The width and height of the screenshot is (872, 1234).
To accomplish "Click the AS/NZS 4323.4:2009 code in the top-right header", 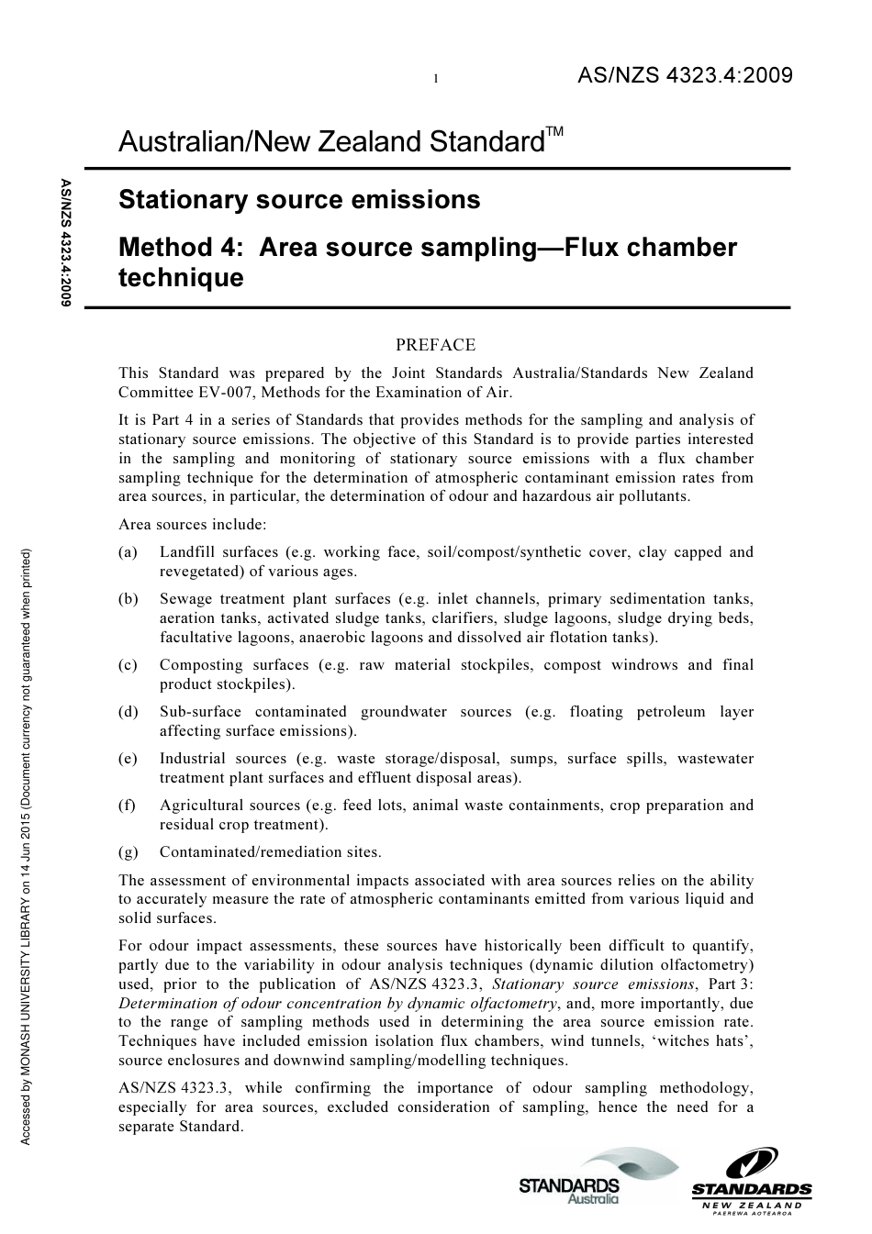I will point(684,76).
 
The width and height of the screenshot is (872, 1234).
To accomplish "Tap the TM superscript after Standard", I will point(554,133).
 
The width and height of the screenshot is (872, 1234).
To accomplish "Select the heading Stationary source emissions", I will point(299,200).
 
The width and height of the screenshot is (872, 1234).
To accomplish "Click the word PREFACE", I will point(435,345).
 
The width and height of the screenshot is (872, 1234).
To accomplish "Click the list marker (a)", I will point(129,552).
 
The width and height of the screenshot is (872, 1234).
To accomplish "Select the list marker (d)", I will point(129,712).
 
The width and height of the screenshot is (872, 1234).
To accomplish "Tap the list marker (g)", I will point(129,852).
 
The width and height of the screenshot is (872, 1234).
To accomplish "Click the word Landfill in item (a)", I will point(187,552).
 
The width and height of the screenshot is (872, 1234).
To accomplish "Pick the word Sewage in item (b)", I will point(185,599).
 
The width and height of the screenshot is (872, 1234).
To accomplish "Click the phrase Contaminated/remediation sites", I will point(270,852).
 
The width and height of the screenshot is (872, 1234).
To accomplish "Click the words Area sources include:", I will point(193,525).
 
